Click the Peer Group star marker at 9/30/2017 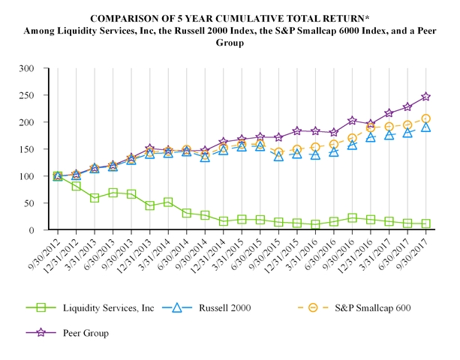coord(425,97)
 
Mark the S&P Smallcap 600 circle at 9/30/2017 coord(425,118)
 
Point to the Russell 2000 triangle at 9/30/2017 coord(425,127)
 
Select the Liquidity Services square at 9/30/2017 coord(425,223)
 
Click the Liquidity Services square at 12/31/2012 coord(77,186)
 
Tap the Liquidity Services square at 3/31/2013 coord(95,198)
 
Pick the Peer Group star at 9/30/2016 coord(352,121)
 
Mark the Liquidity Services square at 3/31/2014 coord(168,202)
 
